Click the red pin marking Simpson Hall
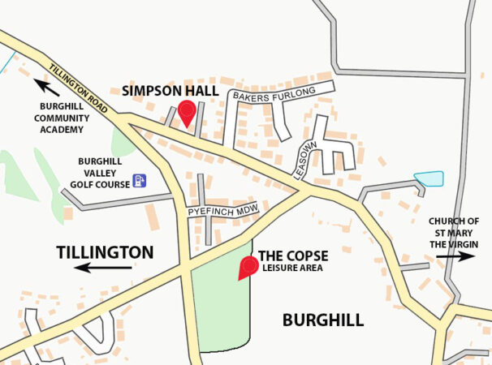pyautogui.click(x=187, y=112)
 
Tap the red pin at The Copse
pyautogui.click(x=246, y=266)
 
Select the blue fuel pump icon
pyautogui.click(x=140, y=180)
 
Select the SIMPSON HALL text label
pyautogui.click(x=170, y=91)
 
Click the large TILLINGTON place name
pyautogui.click(x=105, y=252)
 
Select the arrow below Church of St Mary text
pyautogui.click(x=455, y=256)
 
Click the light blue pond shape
pyautogui.click(x=429, y=178)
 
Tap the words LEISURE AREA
pyautogui.click(x=293, y=268)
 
